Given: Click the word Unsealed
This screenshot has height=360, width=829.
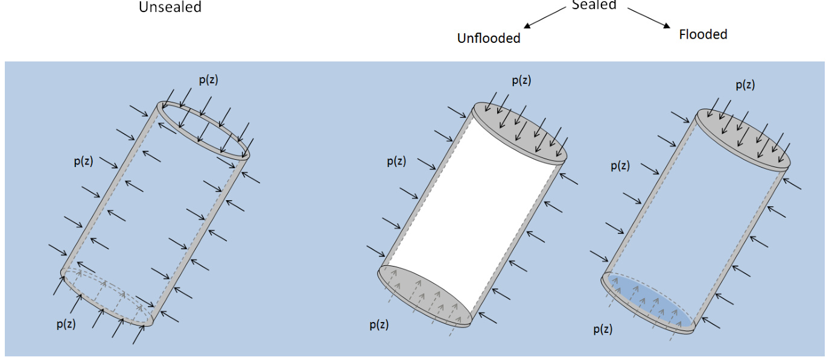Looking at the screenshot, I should [x=170, y=7].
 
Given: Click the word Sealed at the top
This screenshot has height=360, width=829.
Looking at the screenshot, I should [x=594, y=5].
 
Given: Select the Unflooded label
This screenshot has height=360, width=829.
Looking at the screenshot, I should [x=488, y=38].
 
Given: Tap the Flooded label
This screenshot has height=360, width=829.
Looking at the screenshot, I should [x=703, y=34].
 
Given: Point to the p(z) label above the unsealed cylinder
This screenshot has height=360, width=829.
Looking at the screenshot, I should [x=208, y=80].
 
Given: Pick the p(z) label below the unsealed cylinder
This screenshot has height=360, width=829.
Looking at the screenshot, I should [x=66, y=323].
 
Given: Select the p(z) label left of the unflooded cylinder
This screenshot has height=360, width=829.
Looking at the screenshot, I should [x=396, y=161].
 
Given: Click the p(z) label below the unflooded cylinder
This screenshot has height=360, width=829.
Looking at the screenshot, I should [x=379, y=324].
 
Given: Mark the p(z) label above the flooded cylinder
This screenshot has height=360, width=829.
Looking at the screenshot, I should [x=745, y=85].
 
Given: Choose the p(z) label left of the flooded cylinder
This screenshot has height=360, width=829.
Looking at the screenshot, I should [x=620, y=166].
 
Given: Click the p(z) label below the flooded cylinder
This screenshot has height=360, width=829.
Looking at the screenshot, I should [x=603, y=329].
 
